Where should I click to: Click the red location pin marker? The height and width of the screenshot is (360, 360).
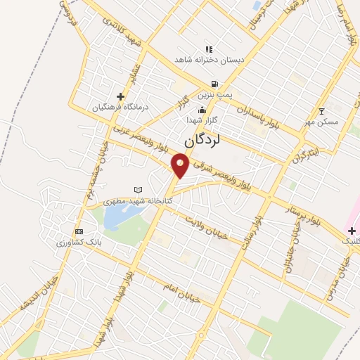click(181, 166)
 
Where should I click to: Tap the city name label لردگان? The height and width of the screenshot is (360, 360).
click(202, 140)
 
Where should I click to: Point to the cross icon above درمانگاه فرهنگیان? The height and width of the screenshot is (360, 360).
click(120, 96)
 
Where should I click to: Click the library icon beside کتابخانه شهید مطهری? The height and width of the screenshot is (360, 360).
click(138, 190)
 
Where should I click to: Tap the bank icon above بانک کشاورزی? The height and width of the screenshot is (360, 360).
click(79, 231)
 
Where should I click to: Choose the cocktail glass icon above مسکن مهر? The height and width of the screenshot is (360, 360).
click(322, 111)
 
